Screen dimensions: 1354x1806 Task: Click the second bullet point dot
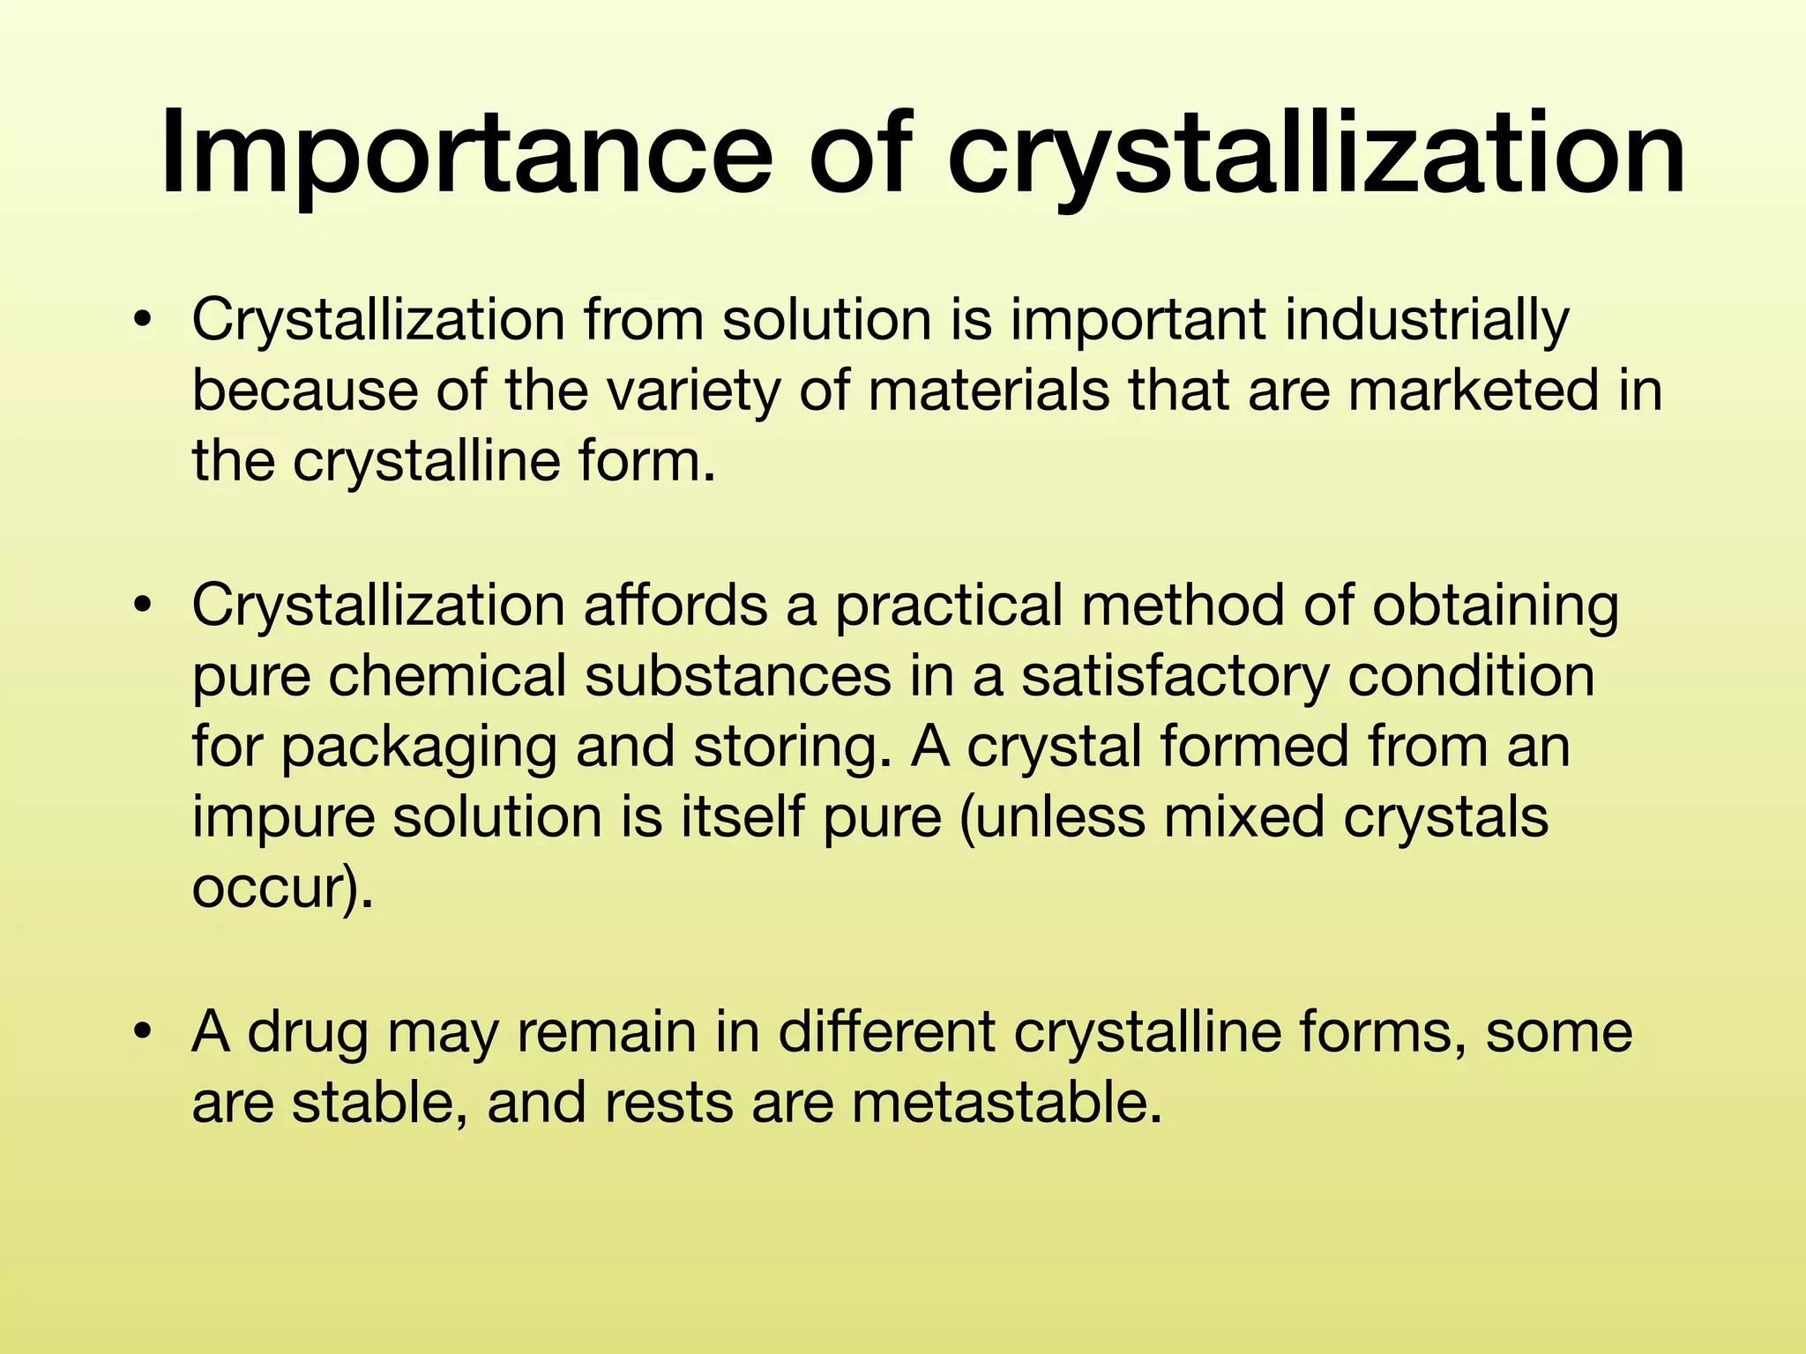142,606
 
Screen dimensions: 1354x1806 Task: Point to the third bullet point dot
142,1031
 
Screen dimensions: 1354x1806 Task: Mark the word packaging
419,748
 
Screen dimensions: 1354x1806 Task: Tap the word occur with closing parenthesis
282,889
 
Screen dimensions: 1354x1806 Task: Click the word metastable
1005,1102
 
